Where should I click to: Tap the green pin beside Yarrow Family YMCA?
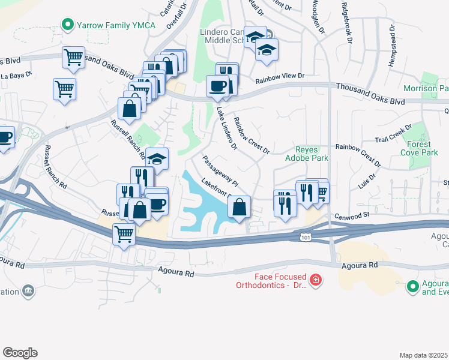[x=67, y=25]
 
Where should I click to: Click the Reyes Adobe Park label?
[x=312, y=154]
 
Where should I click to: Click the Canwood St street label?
[x=351, y=214]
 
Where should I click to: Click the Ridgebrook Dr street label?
[x=346, y=22]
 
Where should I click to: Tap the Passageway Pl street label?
[x=220, y=170]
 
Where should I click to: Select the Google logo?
[x=20, y=353]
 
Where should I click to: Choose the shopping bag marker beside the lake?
[x=239, y=208]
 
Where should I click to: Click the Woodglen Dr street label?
[x=316, y=17]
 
